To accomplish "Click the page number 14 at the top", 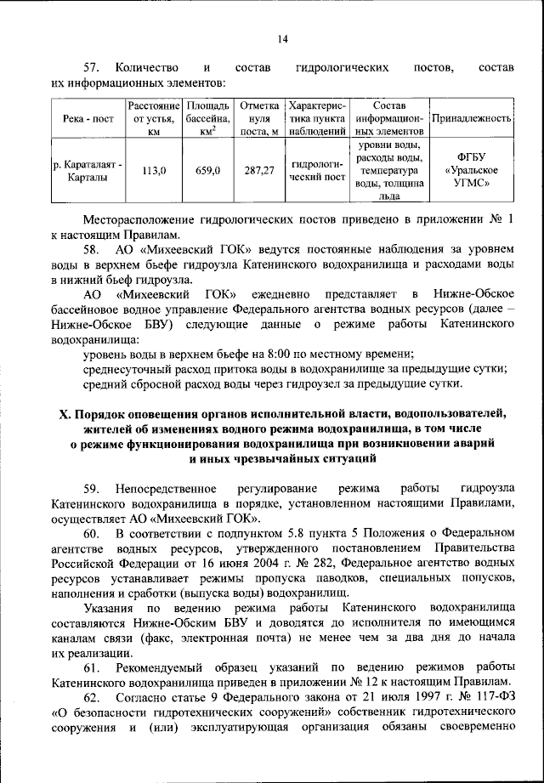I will [x=282, y=37].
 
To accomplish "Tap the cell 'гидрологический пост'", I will [x=317, y=171].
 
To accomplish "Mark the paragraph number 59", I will [x=93, y=491].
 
